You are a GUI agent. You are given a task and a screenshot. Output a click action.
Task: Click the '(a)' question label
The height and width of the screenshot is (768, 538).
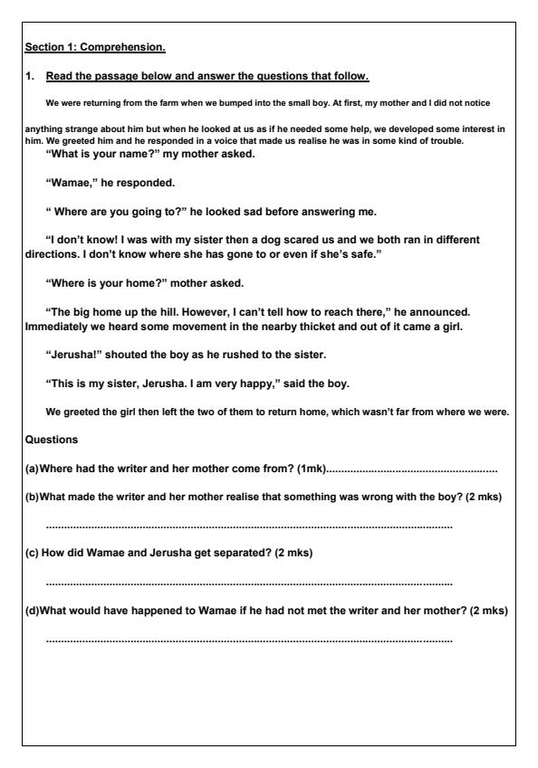click(32, 469)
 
